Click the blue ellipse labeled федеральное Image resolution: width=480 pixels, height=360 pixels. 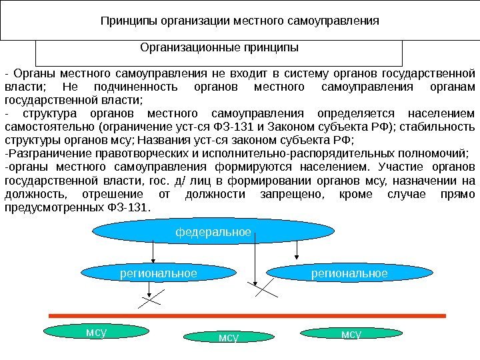coord(213,232)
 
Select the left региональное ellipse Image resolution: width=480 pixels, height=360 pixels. coord(157,273)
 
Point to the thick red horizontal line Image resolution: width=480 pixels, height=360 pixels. coord(247,314)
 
